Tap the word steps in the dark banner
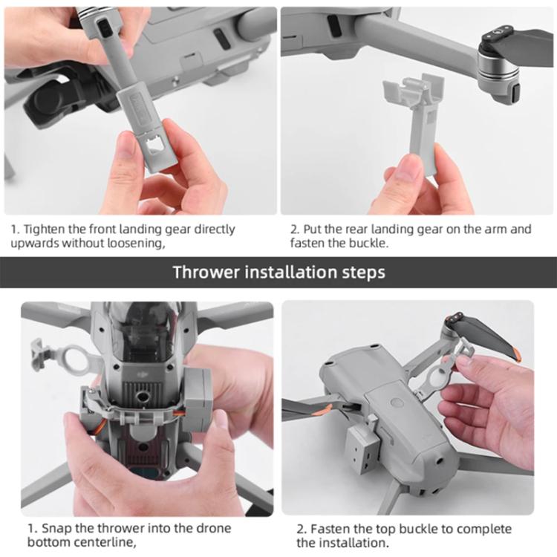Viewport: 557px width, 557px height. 362,272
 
